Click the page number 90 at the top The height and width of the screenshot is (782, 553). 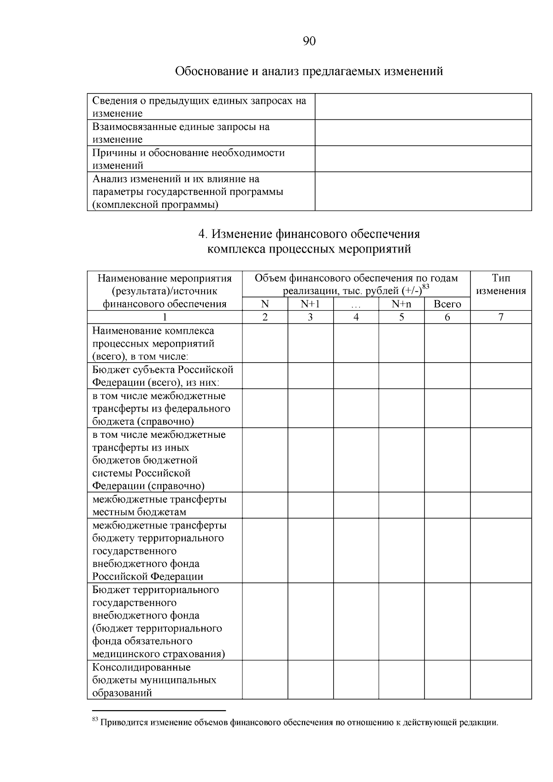click(309, 42)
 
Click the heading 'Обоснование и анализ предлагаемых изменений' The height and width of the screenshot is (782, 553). click(309, 71)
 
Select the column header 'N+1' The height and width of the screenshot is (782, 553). click(310, 304)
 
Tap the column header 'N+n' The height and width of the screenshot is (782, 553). click(401, 304)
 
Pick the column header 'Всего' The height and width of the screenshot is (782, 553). click(447, 304)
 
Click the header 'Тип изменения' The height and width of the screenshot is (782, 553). click(500, 284)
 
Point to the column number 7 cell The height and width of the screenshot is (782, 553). click(500, 317)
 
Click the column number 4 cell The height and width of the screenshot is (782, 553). click(356, 317)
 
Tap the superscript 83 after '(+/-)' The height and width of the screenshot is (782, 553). click(426, 287)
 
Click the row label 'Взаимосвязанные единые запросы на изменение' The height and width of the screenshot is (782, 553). click(181, 133)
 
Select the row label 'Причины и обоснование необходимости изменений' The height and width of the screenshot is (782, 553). click(188, 159)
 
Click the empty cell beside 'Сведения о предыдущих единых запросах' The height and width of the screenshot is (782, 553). click(423, 106)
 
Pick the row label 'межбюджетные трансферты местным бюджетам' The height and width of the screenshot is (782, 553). click(159, 506)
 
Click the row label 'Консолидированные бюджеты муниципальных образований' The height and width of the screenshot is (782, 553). click(154, 680)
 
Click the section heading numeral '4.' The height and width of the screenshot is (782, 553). click(203, 234)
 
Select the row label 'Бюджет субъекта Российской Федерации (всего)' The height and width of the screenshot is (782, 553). click(163, 376)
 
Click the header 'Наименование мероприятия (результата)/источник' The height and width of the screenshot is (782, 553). click(165, 284)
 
